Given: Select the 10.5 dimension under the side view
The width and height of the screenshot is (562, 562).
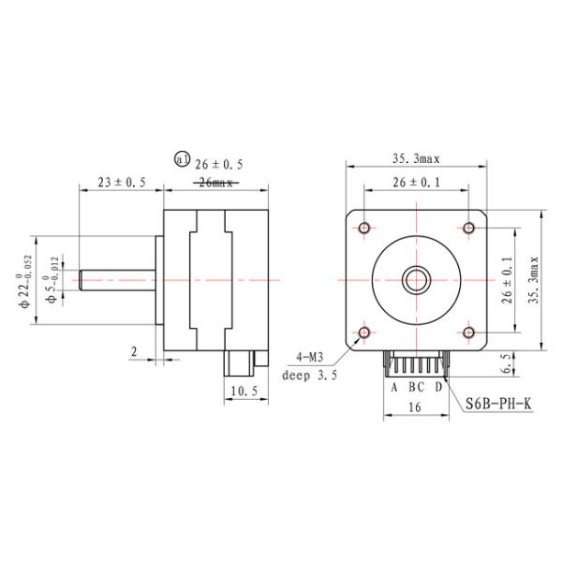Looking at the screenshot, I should click(x=243, y=391).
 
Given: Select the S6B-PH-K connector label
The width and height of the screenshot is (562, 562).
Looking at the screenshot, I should click(x=498, y=404).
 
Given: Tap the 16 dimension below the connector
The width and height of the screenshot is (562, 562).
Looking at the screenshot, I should click(x=414, y=408).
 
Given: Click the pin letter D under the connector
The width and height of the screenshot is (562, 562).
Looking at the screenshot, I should click(x=438, y=386).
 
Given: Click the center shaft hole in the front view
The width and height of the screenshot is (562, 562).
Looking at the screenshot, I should click(x=415, y=279).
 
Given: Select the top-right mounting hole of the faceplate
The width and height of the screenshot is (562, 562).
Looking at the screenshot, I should click(x=468, y=227).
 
